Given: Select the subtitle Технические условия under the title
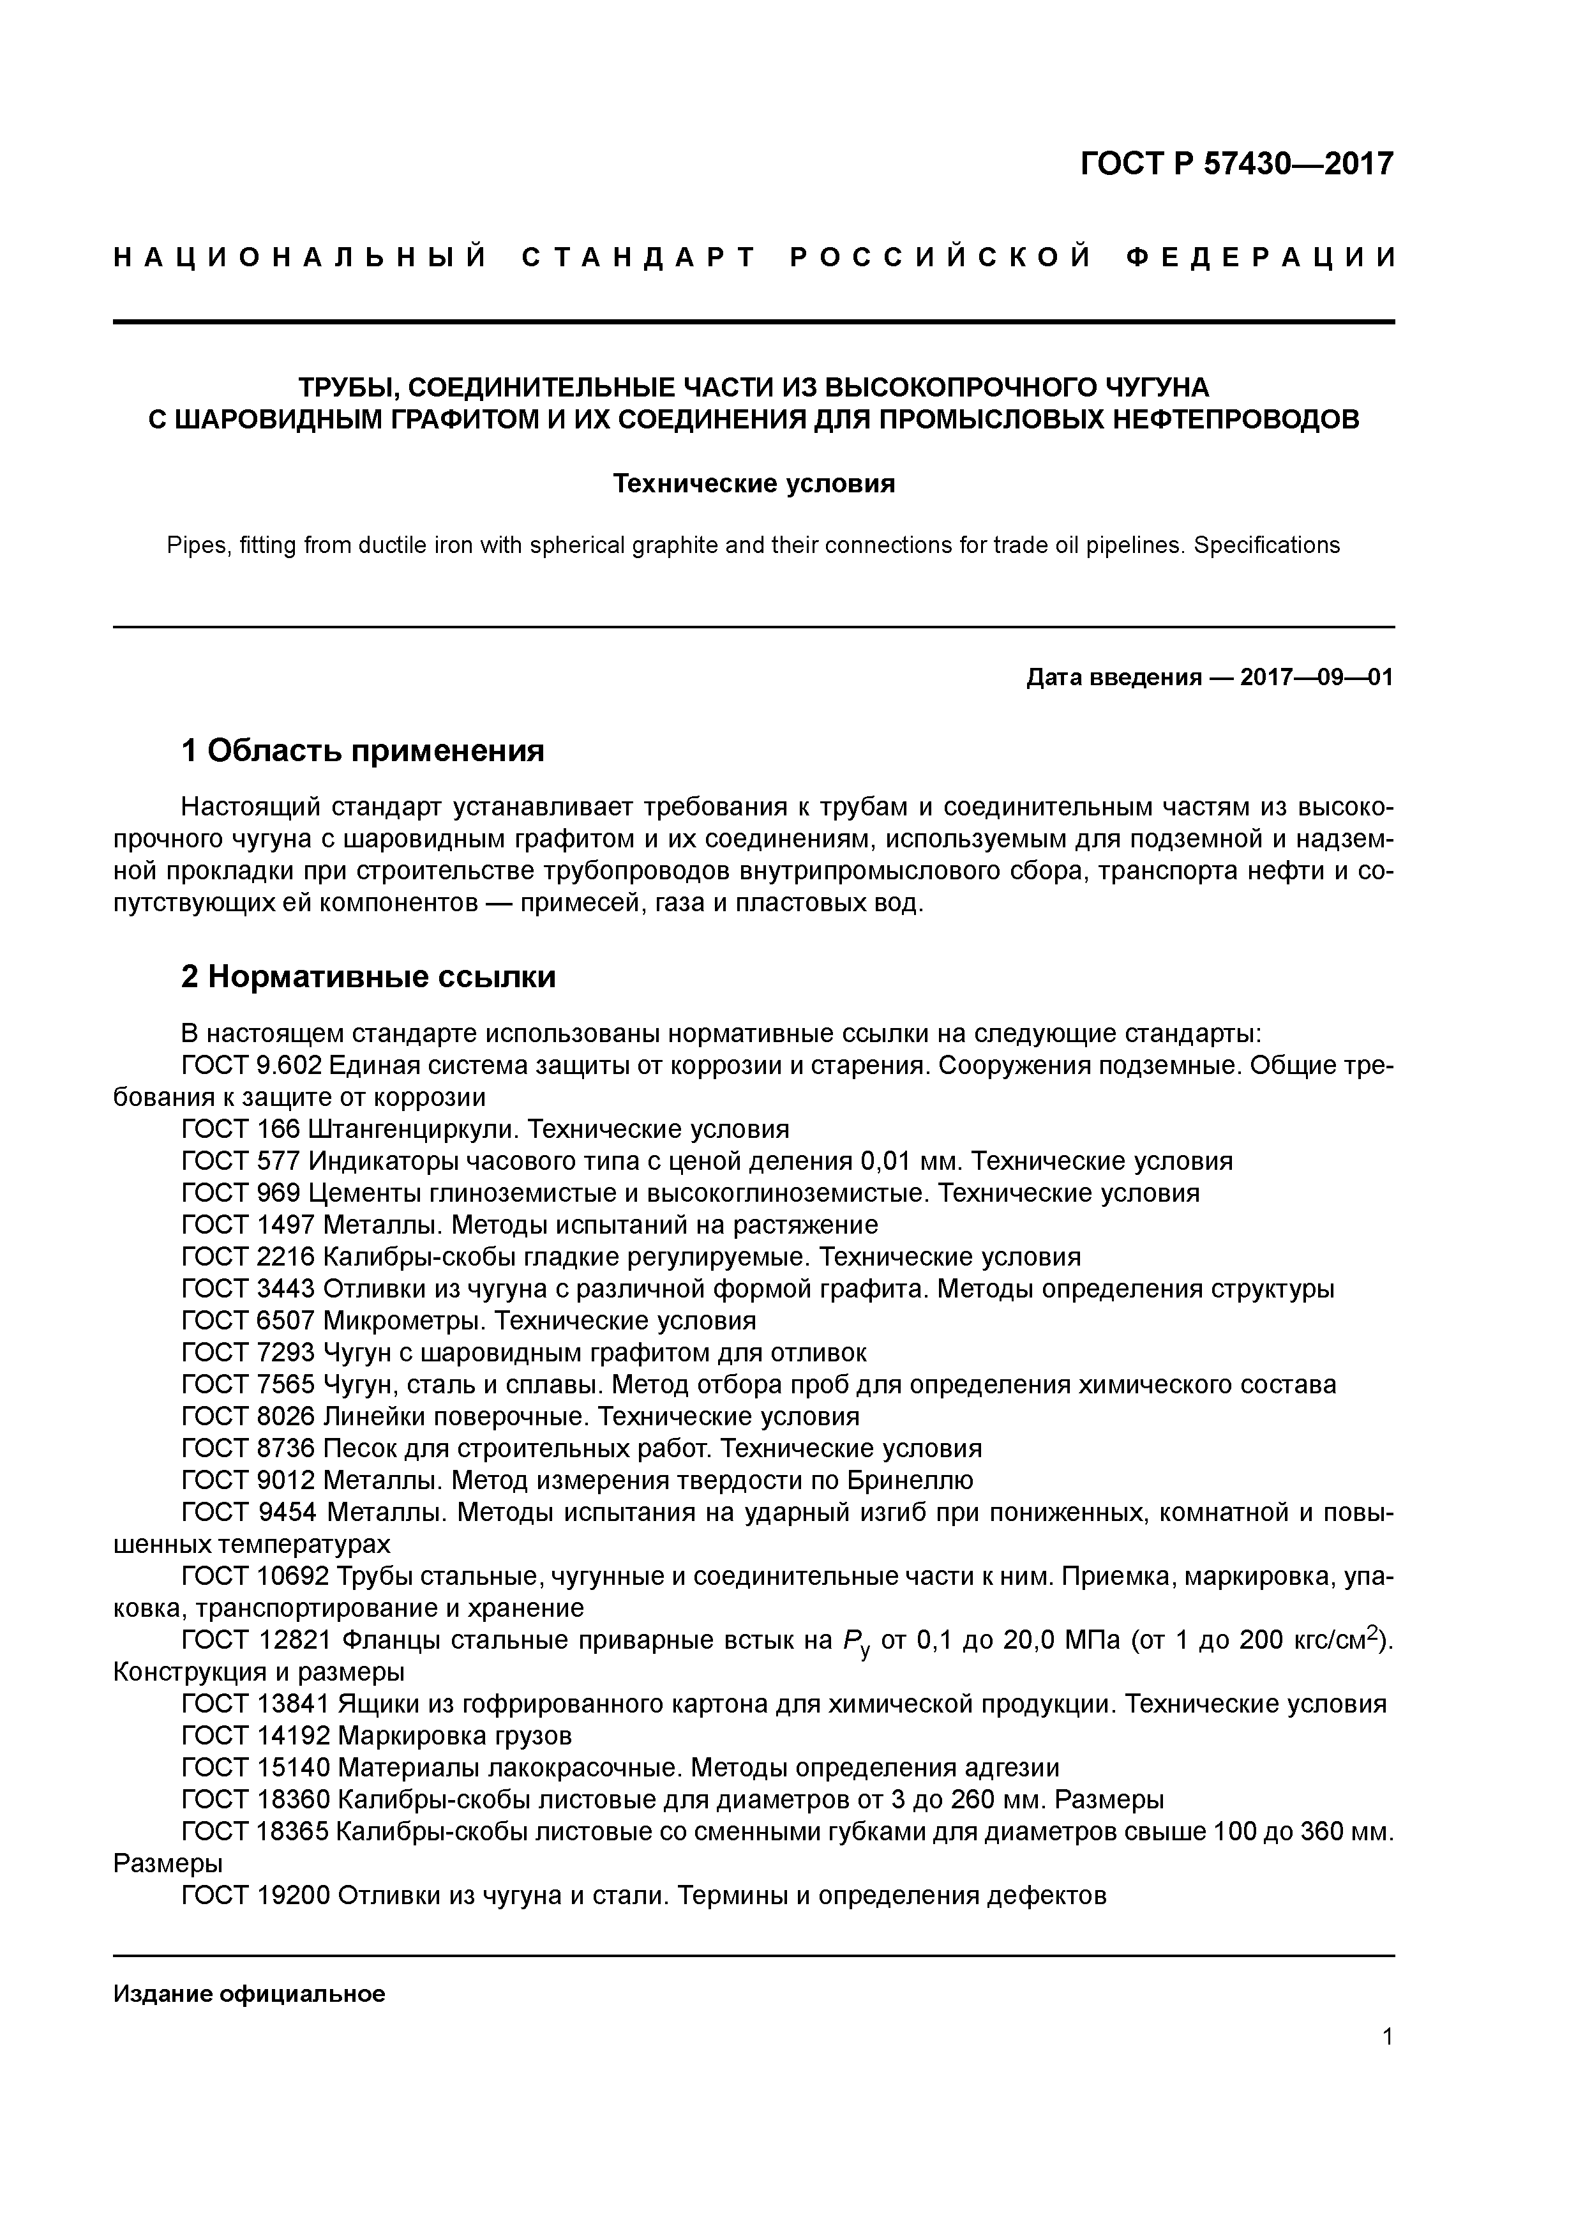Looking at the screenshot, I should [x=753, y=484].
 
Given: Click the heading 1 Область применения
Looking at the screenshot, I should [x=362, y=751].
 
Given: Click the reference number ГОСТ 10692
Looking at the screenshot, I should [x=255, y=1577].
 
